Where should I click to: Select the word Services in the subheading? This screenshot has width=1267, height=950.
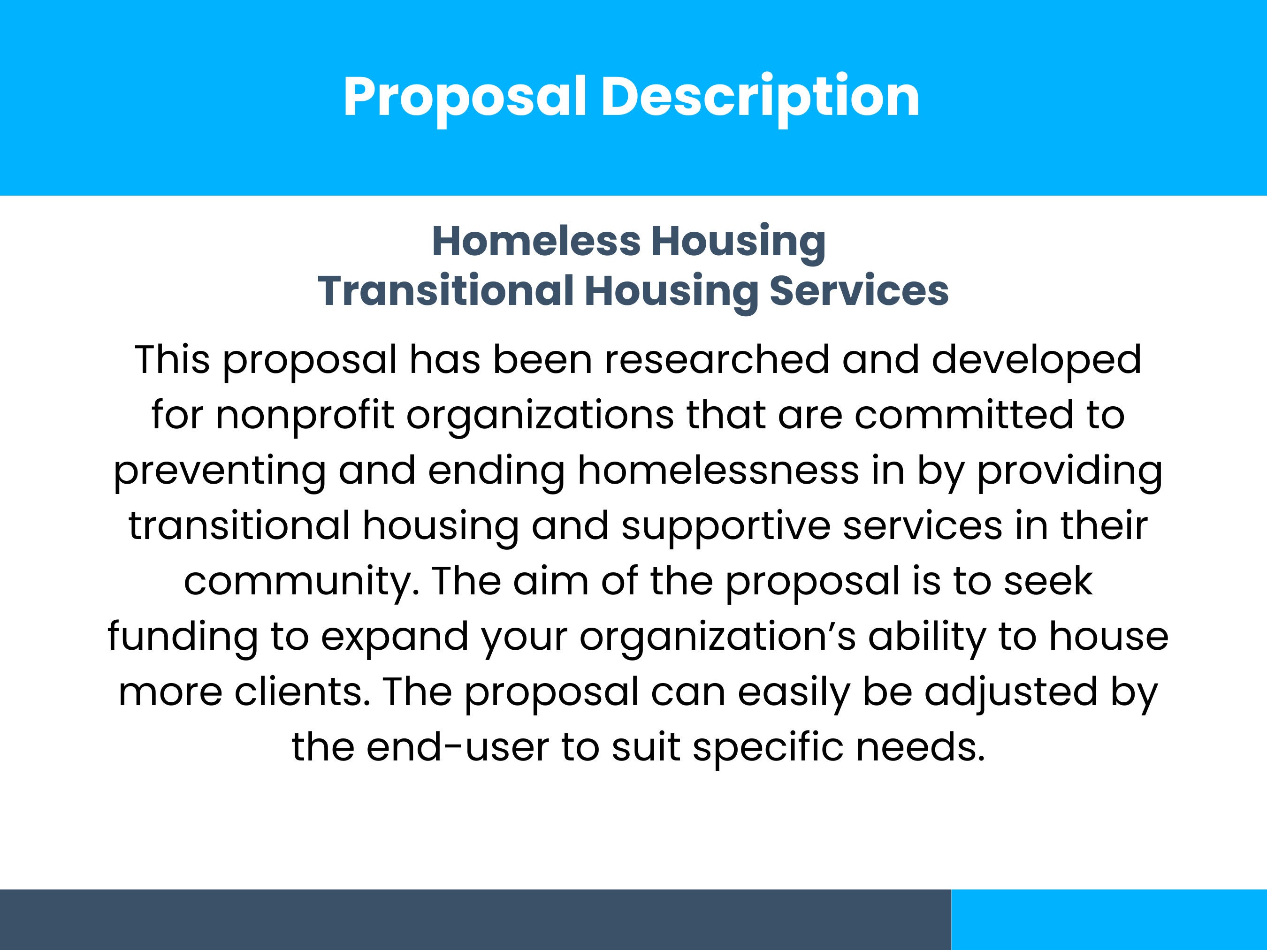point(859,290)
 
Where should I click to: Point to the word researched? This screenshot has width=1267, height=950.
point(717,360)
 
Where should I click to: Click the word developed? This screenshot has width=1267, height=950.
point(1036,360)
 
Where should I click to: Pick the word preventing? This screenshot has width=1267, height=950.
point(219,470)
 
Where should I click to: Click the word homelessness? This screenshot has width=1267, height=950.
point(717,470)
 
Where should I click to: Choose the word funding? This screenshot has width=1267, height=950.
point(182,636)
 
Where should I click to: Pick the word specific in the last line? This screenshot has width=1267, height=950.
point(768,747)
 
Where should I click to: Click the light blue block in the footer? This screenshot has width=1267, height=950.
point(1109,920)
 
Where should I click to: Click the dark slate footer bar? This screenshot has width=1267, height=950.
point(475,920)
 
